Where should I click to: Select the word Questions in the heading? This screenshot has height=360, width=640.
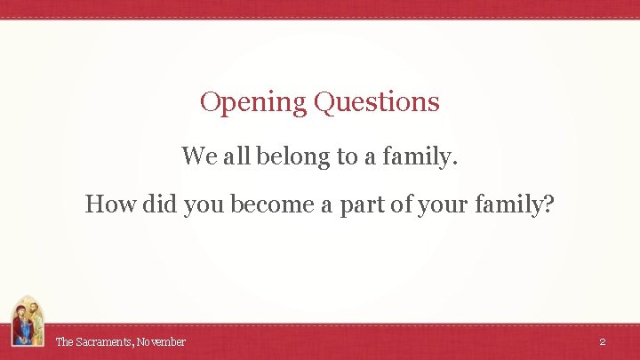(377, 103)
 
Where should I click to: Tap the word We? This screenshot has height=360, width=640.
(197, 156)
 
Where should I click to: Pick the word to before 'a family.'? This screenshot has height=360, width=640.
(347, 157)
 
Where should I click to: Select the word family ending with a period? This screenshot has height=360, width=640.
(420, 157)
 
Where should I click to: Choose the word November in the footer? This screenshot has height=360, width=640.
(161, 341)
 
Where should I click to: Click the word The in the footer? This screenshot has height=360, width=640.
(65, 341)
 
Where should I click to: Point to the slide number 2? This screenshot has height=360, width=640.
(602, 341)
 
